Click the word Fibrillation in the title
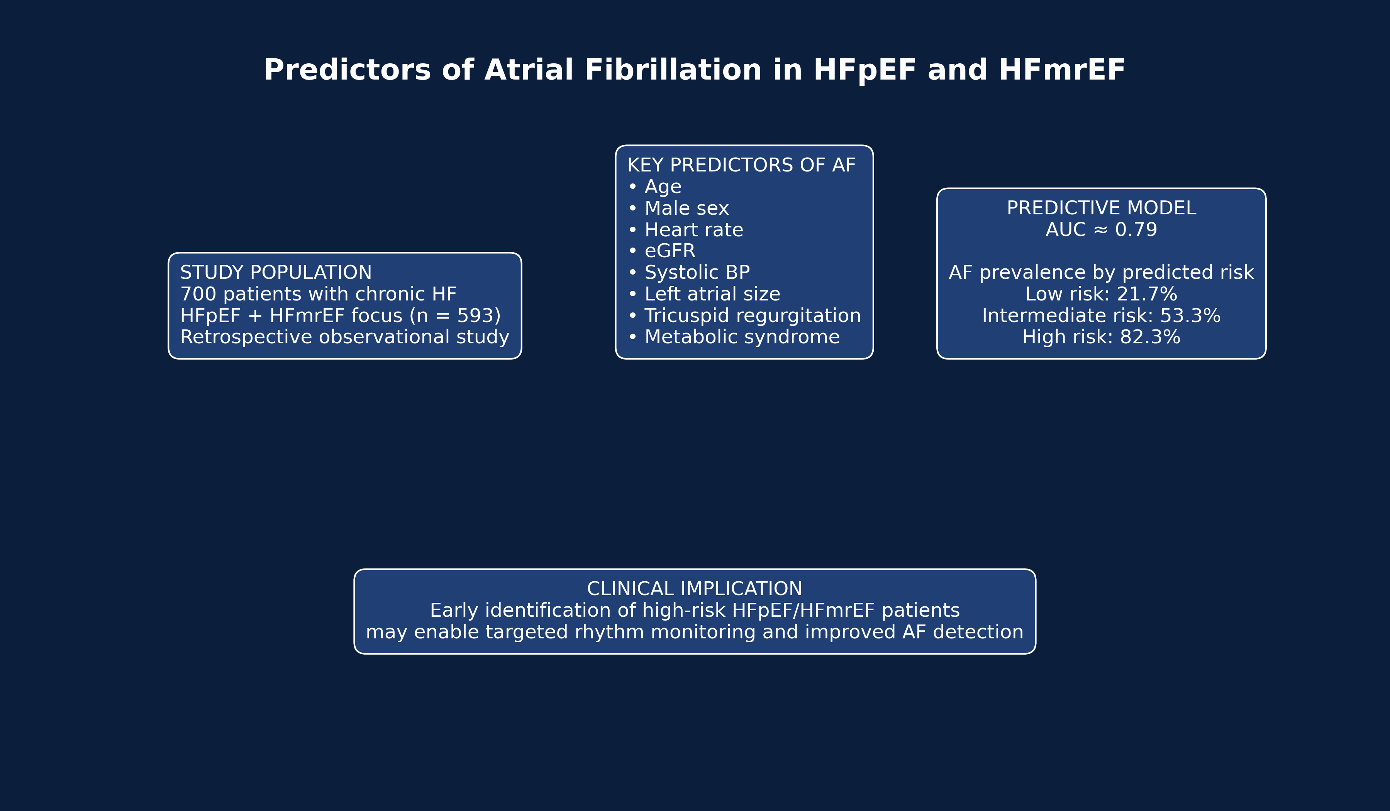point(672,70)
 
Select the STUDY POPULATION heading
point(276,273)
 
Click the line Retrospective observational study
point(345,337)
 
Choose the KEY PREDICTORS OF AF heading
point(741,165)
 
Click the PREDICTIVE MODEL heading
point(1101,208)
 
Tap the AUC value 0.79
point(1136,229)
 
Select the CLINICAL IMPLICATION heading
point(695,589)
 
